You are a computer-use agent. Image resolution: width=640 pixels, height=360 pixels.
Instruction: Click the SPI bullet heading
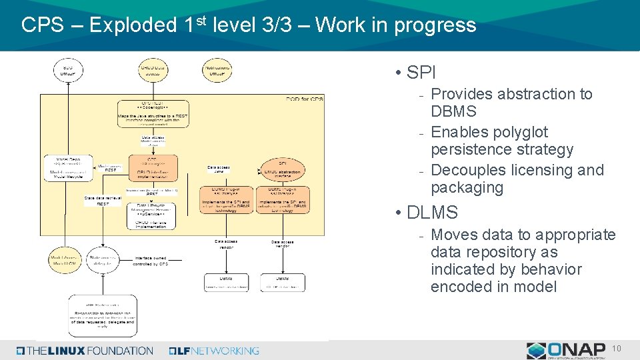coord(420,73)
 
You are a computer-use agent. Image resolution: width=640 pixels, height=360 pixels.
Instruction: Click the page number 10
coord(617,349)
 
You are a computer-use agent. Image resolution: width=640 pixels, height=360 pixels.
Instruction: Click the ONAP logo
coord(566,350)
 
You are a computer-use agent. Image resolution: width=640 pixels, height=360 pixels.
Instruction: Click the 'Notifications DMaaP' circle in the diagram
coord(216,70)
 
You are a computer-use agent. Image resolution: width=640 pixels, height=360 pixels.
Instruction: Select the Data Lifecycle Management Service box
coord(152,215)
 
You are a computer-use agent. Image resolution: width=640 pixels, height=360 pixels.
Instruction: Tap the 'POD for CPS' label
coord(305,99)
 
